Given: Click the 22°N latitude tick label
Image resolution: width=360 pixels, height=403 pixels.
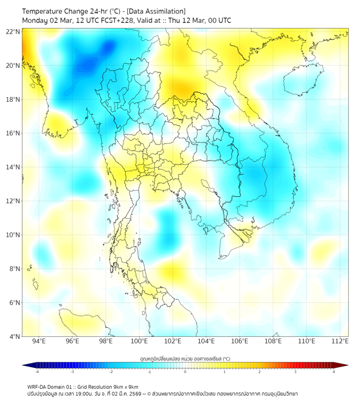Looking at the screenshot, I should tap(13, 31).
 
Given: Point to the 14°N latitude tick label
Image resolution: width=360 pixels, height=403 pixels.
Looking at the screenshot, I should tap(13, 167).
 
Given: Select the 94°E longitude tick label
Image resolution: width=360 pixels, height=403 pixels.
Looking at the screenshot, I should tap(39, 341).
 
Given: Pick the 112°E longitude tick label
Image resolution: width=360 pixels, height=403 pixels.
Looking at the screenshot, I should tap(340, 341).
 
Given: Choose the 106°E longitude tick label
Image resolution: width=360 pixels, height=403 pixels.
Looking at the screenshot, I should tap(240, 341).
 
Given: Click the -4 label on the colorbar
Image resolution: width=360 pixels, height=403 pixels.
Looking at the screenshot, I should tap(37, 372).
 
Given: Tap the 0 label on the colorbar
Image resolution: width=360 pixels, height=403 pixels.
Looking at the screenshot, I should tap(185, 372).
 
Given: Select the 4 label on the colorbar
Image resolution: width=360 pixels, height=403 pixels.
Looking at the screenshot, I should tap(333, 372).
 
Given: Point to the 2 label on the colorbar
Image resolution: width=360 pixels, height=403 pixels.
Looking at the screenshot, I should tap(259, 372).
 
